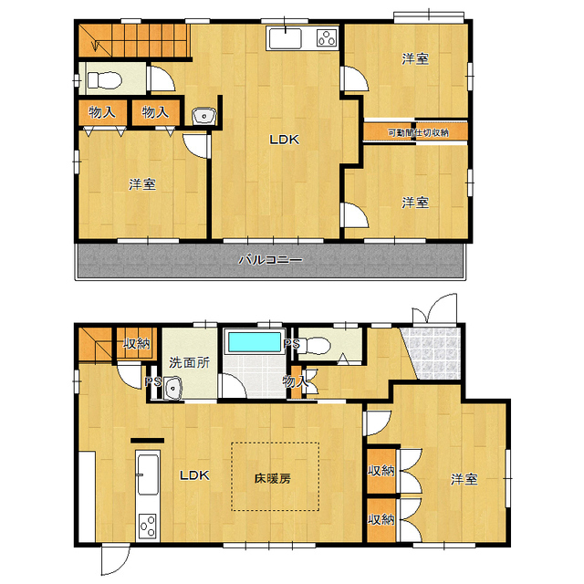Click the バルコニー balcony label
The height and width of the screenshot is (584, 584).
pos(270,259)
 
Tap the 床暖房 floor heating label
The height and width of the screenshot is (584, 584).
pos(273,478)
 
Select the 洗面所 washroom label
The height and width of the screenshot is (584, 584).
pos(189,362)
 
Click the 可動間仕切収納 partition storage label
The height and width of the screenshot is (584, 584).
pos(418,132)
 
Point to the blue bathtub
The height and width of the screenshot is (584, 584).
pos(255,342)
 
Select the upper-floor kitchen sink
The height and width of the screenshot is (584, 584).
pos(286,38)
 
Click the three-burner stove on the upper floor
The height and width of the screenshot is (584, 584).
pos(327,38)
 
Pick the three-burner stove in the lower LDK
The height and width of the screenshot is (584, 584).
pos(148,526)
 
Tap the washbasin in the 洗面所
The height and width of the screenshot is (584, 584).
pos(172,388)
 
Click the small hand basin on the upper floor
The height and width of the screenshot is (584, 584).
pos(204,116)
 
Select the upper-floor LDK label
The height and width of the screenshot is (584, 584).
pos(285,140)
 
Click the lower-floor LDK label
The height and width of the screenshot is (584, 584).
pos(194,475)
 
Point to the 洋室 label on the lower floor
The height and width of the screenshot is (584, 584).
pos(464,479)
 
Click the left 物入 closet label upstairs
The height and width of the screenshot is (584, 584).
pos(101,111)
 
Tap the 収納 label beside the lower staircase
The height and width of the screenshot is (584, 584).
pos(137,343)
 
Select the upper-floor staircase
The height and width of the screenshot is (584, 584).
pos(134,40)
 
